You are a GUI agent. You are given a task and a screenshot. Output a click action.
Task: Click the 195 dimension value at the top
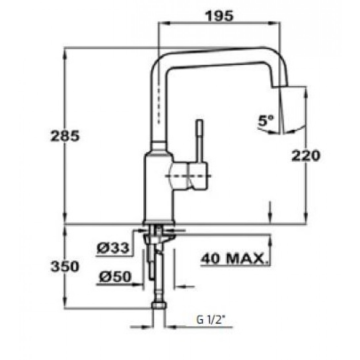(x=219, y=16)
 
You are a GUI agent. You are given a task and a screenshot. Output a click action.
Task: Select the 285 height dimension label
(x=65, y=136)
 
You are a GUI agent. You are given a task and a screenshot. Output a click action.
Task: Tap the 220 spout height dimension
(x=306, y=156)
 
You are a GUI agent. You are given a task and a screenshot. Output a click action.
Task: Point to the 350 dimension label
(x=65, y=266)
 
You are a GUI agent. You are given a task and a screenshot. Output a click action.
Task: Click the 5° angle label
(x=266, y=121)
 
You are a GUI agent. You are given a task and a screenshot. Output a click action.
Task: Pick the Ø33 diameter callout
(x=113, y=248)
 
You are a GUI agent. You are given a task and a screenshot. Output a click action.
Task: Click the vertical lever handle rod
(x=200, y=142)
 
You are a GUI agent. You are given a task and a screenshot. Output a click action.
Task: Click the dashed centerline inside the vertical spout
(x=160, y=104)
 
